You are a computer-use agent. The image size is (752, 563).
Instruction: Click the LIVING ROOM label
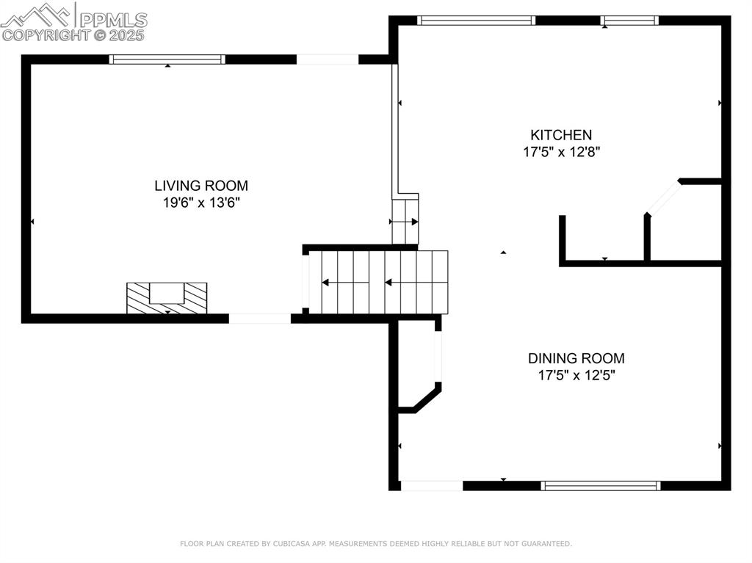tap(201, 186)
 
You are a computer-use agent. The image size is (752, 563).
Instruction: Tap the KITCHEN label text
tap(561, 135)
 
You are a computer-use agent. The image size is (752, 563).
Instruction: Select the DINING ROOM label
tap(576, 358)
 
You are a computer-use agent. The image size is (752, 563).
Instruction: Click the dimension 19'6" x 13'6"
tap(201, 203)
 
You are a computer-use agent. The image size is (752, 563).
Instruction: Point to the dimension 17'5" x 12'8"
tap(561, 151)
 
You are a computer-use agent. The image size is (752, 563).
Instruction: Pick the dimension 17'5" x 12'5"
tap(576, 375)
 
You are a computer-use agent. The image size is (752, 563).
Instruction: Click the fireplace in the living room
tap(167, 298)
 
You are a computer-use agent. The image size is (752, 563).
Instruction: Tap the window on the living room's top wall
tap(167, 59)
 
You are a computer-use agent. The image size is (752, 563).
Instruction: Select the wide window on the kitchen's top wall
tap(476, 20)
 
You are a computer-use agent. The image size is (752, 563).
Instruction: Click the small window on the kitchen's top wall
tap(629, 20)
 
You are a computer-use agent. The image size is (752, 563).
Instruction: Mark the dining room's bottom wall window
tap(601, 486)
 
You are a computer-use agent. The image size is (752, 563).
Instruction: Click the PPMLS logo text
tap(113, 20)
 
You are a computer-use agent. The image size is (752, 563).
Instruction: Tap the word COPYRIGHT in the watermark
tap(46, 35)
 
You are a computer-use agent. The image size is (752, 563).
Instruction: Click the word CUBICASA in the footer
tap(291, 544)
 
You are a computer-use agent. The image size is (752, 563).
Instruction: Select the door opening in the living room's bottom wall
tap(259, 319)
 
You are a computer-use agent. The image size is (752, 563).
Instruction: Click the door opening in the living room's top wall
tap(328, 59)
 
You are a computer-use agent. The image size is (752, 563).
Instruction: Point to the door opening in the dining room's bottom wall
tap(432, 486)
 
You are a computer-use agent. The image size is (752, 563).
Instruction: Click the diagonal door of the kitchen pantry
tap(663, 197)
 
